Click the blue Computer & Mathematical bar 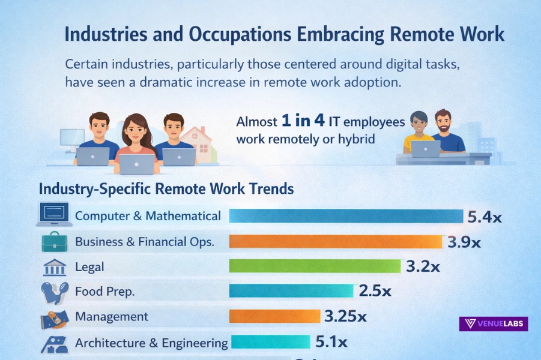tap(346, 216)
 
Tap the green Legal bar tap(315, 266)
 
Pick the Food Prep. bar tap(291, 291)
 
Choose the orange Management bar tap(274, 316)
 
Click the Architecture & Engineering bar tap(270, 342)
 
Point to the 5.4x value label tap(484, 217)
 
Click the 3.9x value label tap(464, 242)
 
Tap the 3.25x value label tap(345, 316)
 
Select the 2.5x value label tap(375, 292)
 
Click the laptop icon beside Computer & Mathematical tap(54, 215)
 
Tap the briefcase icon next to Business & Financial tap(54, 241)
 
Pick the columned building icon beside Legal tap(54, 267)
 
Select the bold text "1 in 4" tap(303, 121)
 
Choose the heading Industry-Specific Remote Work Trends tap(166, 188)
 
